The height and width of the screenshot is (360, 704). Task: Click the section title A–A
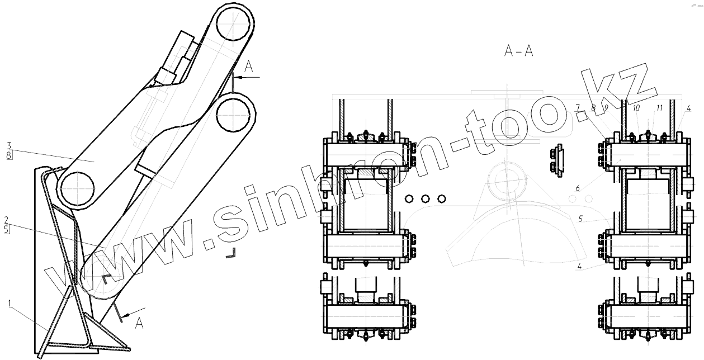tap(518, 51)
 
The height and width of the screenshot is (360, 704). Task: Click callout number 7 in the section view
tap(577, 107)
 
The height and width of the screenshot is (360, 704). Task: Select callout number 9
tap(606, 107)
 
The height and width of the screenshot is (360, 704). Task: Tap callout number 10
tap(636, 108)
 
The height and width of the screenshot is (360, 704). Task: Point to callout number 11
tap(659, 108)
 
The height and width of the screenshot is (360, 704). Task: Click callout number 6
tap(578, 188)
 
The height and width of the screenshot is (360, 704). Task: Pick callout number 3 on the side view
tap(9, 145)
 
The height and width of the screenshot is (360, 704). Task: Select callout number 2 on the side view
tap(6, 220)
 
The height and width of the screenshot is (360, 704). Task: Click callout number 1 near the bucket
tap(10, 303)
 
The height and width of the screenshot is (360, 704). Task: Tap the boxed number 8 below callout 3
tap(9, 155)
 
